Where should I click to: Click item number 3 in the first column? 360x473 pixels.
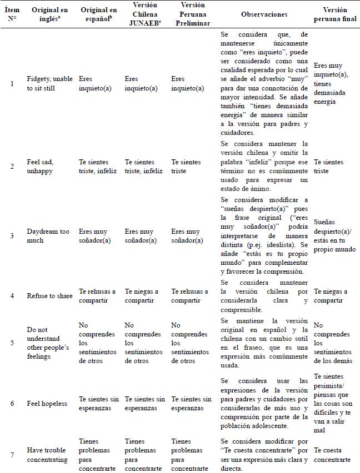(12, 236)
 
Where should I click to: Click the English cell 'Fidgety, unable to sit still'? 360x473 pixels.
(50, 83)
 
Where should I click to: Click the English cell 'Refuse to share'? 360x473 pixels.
(50, 296)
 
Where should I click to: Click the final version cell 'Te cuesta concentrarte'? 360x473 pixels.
(332, 455)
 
